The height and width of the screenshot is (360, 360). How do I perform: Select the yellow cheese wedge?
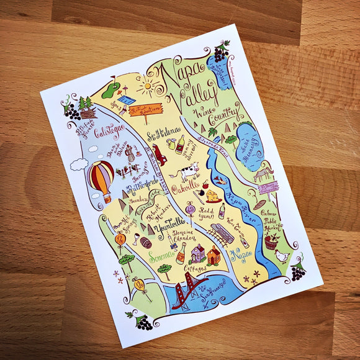[213, 196]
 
